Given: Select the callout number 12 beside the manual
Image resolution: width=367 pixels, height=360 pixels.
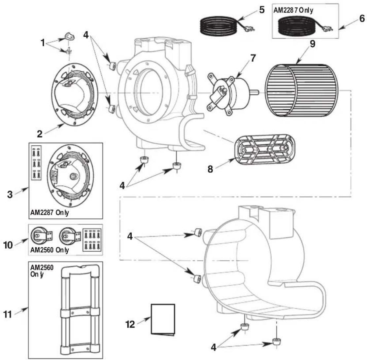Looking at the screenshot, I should (x=131, y=324).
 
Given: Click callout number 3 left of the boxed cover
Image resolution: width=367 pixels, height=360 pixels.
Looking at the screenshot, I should (x=11, y=194).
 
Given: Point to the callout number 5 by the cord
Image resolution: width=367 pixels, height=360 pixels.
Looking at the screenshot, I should (x=262, y=10).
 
